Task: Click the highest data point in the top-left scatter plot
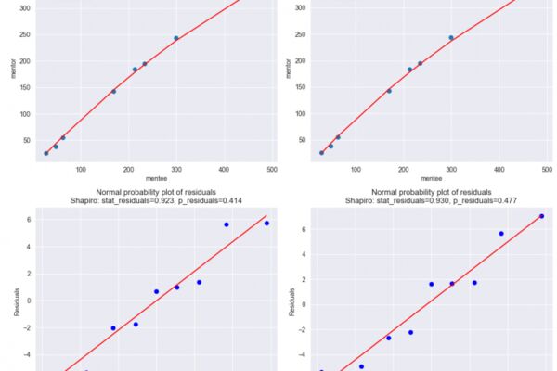[176, 38]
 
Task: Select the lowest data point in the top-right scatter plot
[321, 153]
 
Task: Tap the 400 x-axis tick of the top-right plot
[499, 170]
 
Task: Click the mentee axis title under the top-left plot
[156, 178]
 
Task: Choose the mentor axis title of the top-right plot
[289, 68]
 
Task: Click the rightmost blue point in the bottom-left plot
[266, 223]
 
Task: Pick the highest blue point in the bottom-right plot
[541, 216]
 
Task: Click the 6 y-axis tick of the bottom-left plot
[29, 220]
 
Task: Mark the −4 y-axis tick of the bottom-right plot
[302, 354]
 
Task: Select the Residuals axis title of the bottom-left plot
[17, 301]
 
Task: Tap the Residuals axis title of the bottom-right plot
[291, 301]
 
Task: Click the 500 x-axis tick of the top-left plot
[272, 170]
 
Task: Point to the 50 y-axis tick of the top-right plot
[303, 140]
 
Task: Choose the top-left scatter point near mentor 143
[113, 91]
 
